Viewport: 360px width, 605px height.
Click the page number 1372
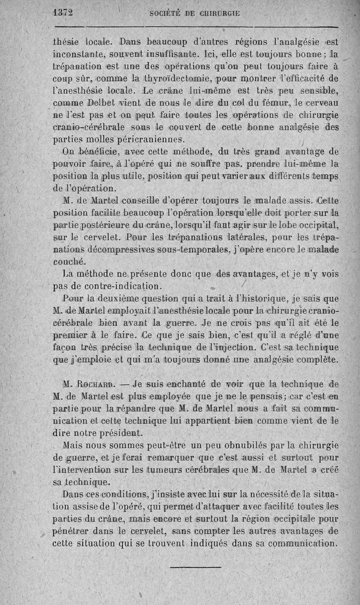point(63,12)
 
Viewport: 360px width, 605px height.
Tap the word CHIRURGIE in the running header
point(218,13)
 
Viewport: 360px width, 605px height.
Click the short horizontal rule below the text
point(196,566)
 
